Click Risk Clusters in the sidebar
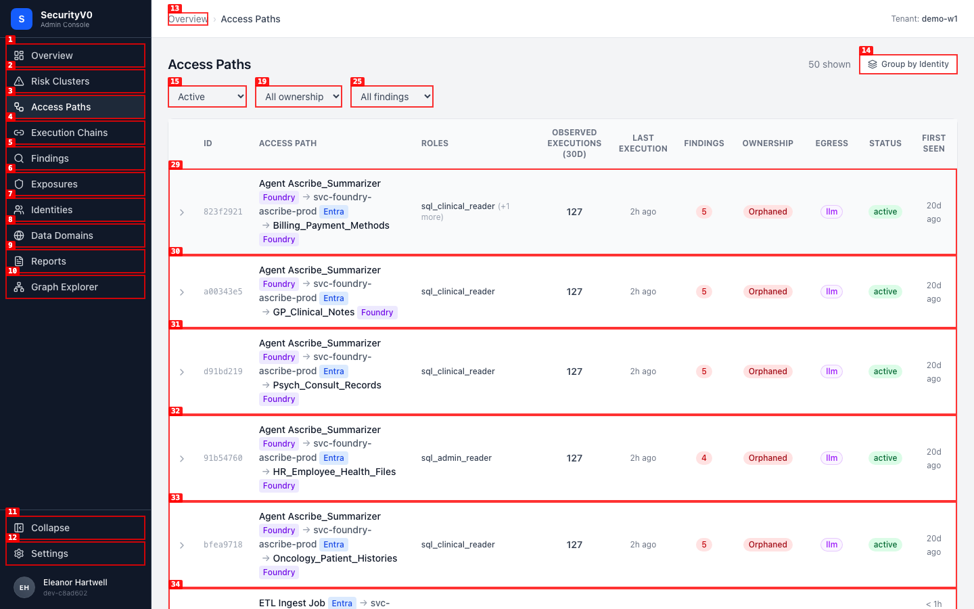point(75,81)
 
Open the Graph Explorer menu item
point(75,287)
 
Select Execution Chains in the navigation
point(75,133)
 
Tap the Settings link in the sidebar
point(75,554)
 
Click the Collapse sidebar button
point(75,528)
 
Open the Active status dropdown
point(208,97)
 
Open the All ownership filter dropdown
point(298,97)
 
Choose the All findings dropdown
point(392,97)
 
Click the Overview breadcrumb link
point(188,19)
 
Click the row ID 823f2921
point(223,212)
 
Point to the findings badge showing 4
point(704,458)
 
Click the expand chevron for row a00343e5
point(182,292)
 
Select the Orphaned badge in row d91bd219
point(768,371)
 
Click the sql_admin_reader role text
point(456,458)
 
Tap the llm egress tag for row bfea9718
point(831,545)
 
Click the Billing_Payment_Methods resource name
point(331,225)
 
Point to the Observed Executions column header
point(574,143)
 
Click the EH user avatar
point(24,587)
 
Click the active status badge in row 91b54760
point(885,458)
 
